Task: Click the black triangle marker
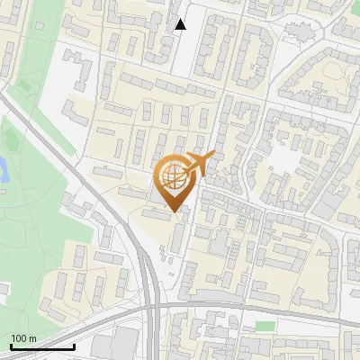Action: point(180,24)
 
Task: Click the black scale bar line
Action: point(41,346)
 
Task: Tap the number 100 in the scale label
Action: point(19,338)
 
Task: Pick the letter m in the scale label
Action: point(33,338)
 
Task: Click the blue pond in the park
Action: point(3,167)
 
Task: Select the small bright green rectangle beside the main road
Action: point(264,325)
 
